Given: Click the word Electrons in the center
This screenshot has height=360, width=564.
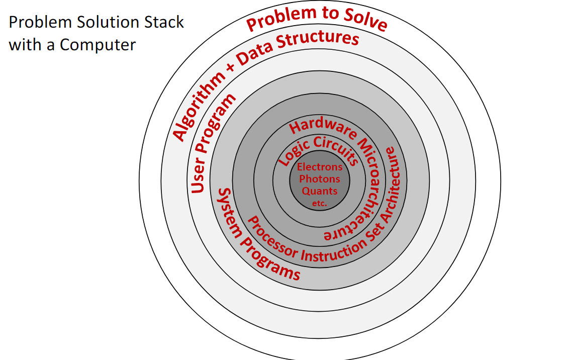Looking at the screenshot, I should pyautogui.click(x=320, y=167).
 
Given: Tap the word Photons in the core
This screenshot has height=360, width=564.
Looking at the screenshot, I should pyautogui.click(x=320, y=179).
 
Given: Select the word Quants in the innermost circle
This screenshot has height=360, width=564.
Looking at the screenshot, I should pyautogui.click(x=320, y=191).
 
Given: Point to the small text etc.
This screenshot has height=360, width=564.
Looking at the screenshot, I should pyautogui.click(x=320, y=204).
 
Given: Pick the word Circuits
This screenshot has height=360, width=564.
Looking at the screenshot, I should pyautogui.click(x=336, y=148).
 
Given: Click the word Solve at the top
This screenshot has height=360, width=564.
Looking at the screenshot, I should pyautogui.click(x=365, y=20).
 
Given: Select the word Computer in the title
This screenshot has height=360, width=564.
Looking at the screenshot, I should pyautogui.click(x=98, y=45).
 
